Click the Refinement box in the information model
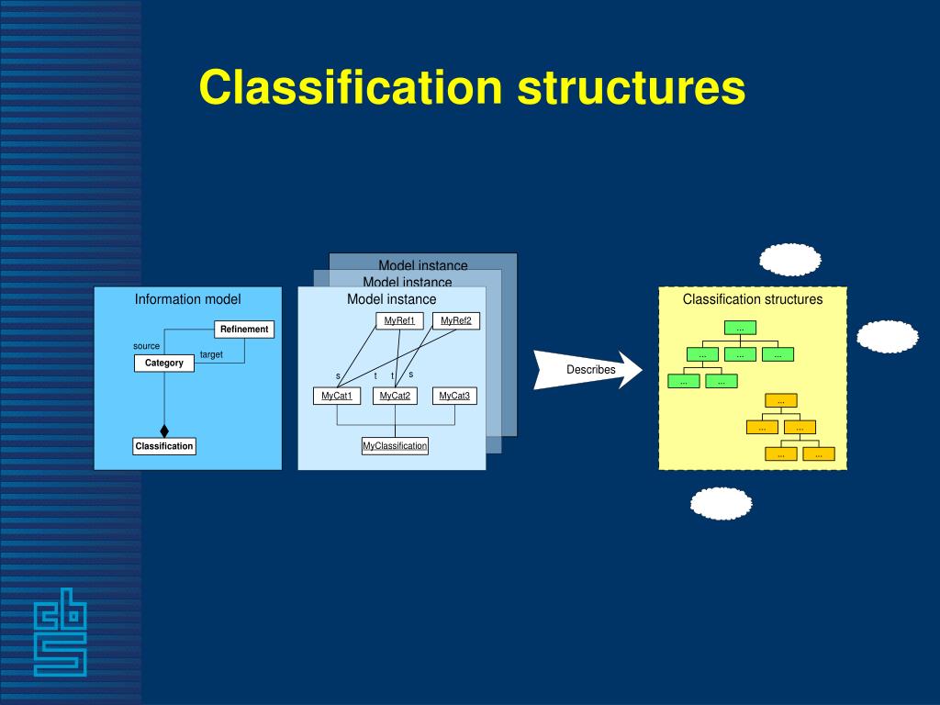pos(244,329)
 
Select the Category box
pos(164,363)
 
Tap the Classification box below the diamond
pos(164,446)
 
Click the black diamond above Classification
pos(164,431)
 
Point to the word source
pos(146,346)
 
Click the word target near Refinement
pos(211,354)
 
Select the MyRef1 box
pos(399,320)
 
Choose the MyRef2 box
pos(455,320)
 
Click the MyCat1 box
pos(337,396)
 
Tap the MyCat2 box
pos(395,396)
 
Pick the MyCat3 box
pos(454,396)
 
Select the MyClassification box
pos(395,446)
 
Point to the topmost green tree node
pos(740,328)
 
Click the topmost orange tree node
pos(781,400)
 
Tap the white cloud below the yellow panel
pos(721,504)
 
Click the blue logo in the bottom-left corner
pos(61,632)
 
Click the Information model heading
pos(187,299)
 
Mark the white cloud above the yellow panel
pos(789,260)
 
